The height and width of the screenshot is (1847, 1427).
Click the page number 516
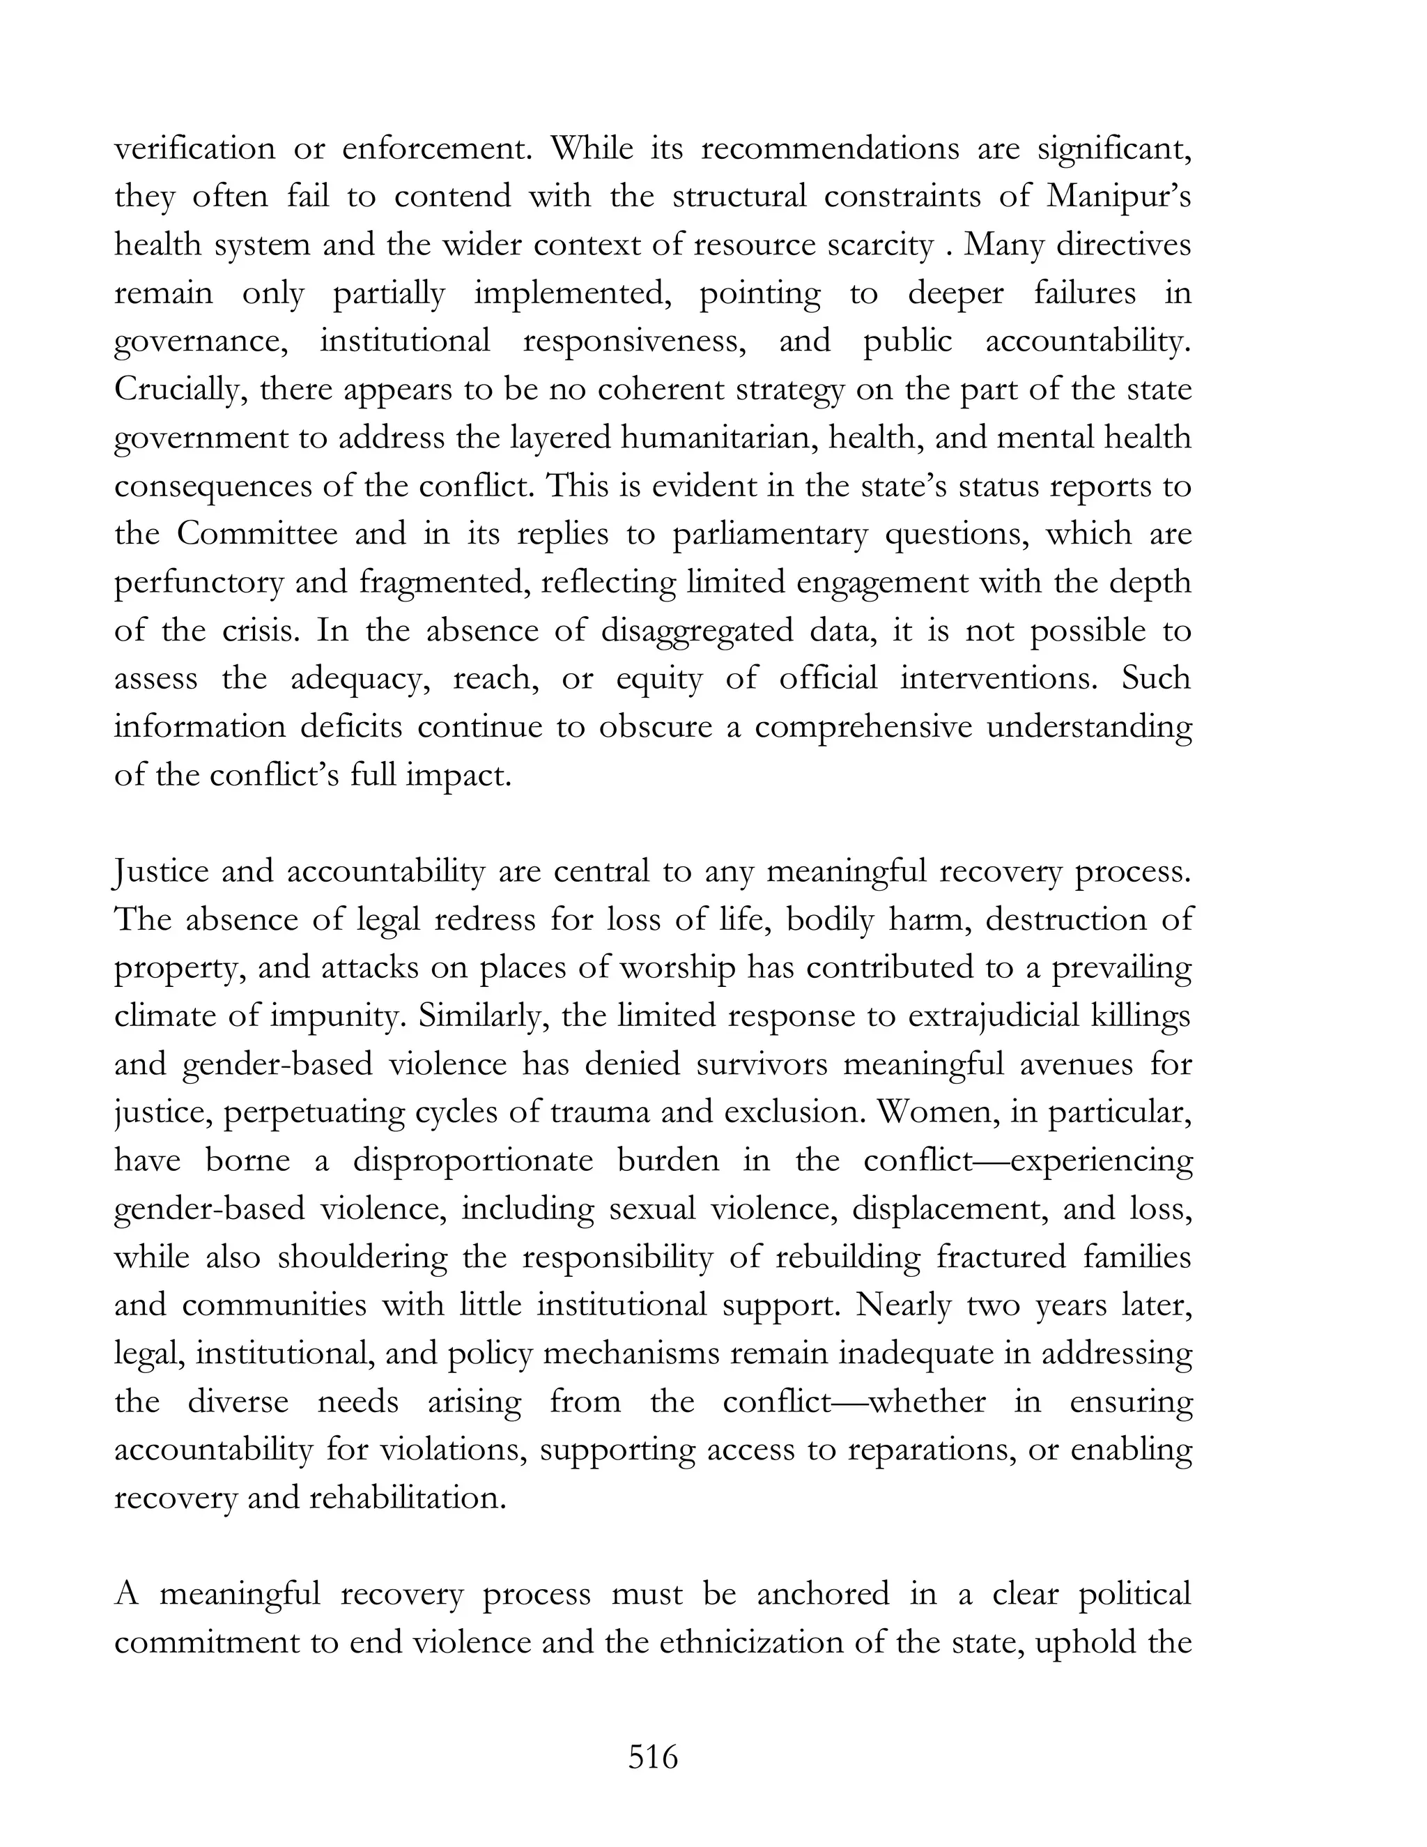tap(653, 1757)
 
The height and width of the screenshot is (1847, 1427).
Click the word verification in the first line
tap(194, 149)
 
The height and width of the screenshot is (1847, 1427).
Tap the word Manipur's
tap(1118, 197)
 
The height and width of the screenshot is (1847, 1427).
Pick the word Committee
tap(254, 535)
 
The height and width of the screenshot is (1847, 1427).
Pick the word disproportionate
tap(472, 1160)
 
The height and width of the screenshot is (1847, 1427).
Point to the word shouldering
tap(362, 1257)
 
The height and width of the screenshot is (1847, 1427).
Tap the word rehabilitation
tap(408, 1499)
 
